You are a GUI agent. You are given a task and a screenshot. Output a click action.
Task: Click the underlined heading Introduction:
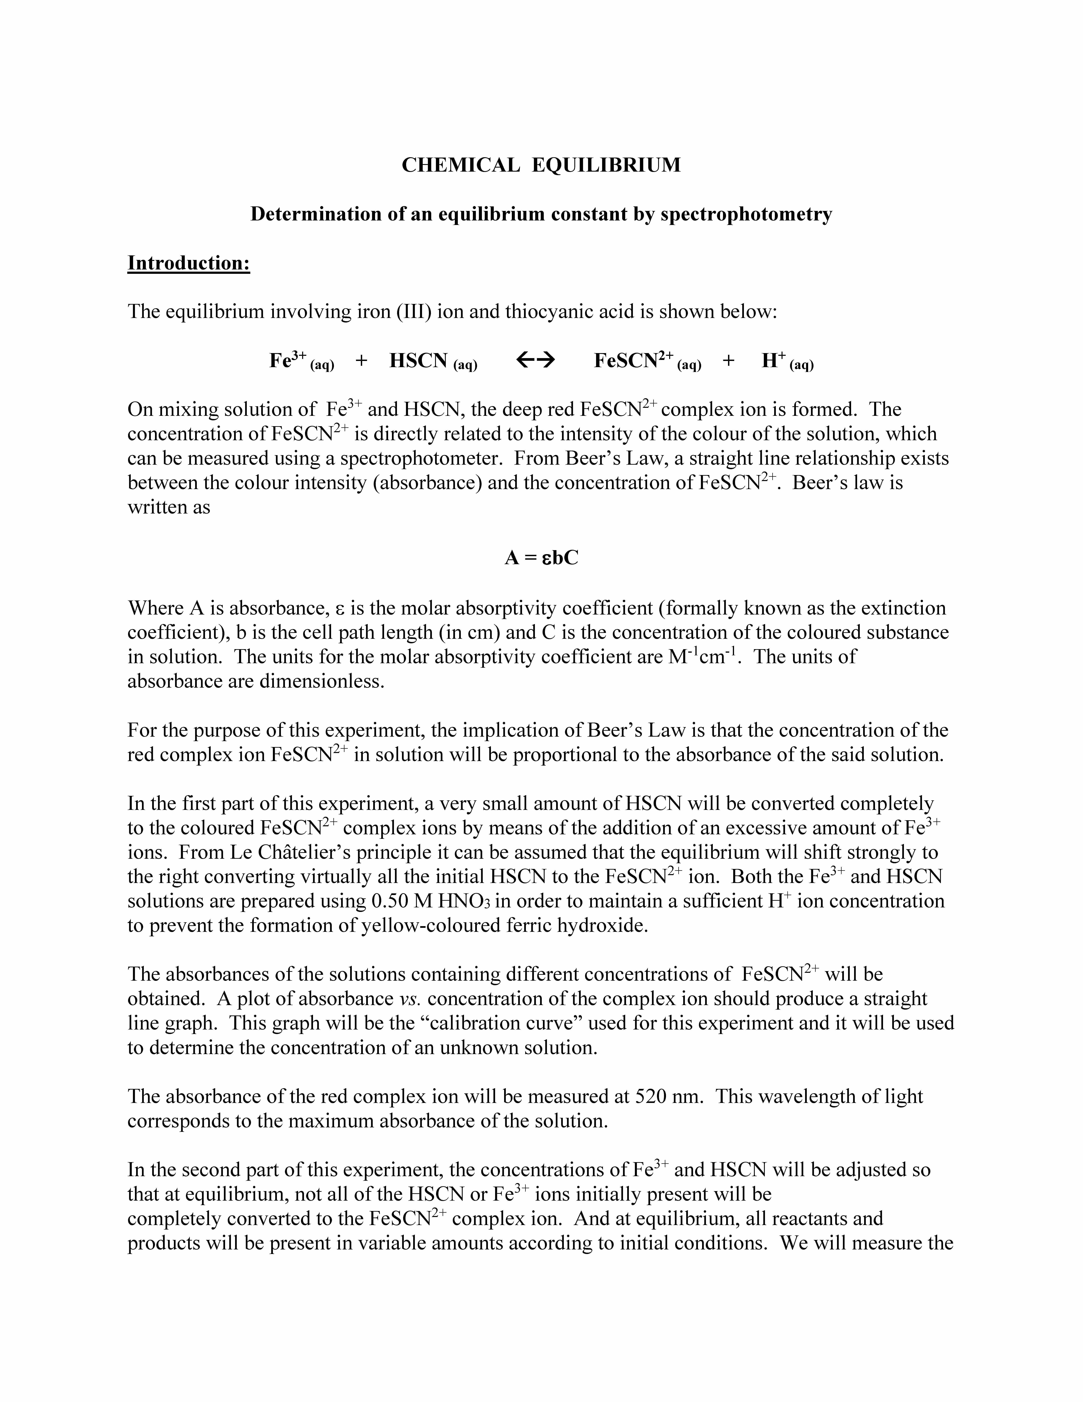(189, 263)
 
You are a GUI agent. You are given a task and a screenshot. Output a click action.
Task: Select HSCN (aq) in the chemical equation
(433, 362)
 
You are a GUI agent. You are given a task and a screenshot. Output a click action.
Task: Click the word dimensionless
(321, 681)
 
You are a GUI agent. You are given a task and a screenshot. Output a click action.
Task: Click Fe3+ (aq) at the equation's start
(301, 362)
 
